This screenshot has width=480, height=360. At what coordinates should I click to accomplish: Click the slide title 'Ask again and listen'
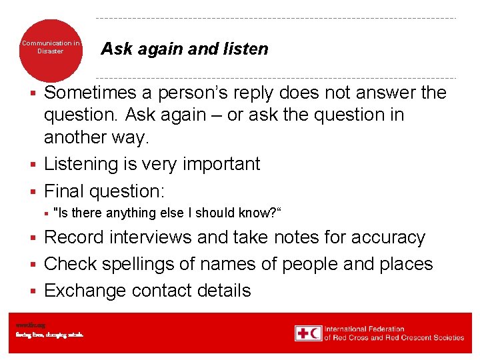(x=184, y=49)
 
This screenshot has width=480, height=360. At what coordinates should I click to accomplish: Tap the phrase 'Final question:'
(x=103, y=191)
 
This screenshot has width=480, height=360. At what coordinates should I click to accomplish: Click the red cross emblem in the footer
(x=303, y=333)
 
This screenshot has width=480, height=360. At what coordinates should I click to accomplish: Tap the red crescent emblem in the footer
(x=315, y=333)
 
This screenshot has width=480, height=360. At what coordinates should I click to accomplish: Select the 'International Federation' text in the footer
(x=365, y=329)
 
